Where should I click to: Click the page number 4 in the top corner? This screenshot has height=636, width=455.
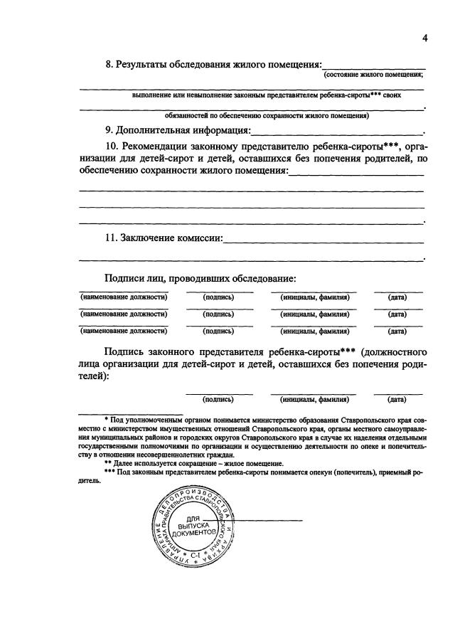click(x=424, y=38)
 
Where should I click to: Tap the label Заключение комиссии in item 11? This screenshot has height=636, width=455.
click(x=170, y=238)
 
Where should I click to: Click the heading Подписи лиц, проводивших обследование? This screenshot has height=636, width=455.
click(x=200, y=278)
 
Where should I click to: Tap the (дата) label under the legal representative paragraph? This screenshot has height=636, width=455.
click(x=397, y=399)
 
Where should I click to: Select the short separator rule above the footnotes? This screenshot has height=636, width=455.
click(x=130, y=414)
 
